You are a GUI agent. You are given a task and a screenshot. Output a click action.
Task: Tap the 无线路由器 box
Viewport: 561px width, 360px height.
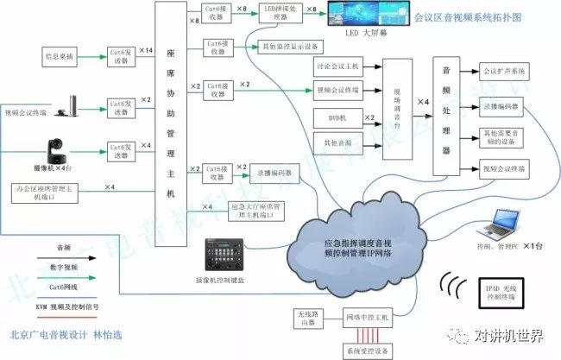(306, 319)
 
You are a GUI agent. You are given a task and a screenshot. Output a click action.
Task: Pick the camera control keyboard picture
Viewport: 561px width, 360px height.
(226, 254)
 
